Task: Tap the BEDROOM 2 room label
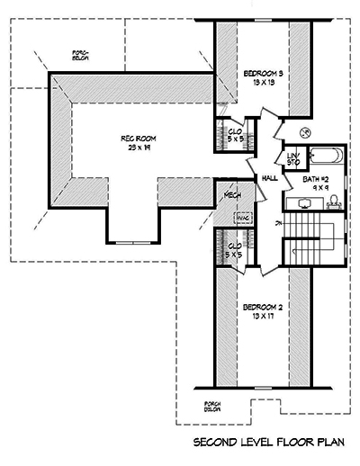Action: tap(263, 308)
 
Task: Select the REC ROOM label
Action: tap(139, 138)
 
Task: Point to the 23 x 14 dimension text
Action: tap(139, 147)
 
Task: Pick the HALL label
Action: tap(269, 178)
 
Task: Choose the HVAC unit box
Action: tap(242, 217)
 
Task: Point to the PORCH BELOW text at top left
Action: tap(81, 57)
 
